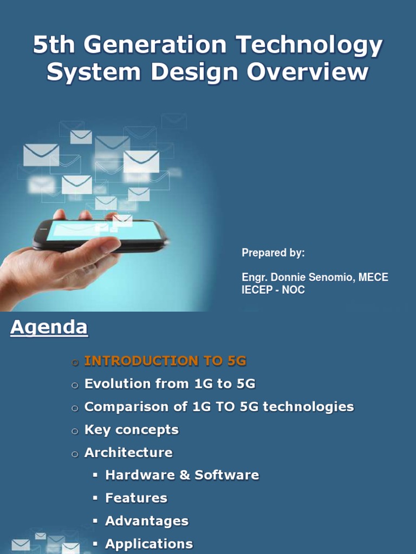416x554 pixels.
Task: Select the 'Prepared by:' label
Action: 273,253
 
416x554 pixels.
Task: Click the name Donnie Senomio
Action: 314,278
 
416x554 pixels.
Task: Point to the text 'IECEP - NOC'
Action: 273,290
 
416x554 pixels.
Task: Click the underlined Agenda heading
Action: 49,327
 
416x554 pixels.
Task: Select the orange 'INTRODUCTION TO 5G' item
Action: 165,361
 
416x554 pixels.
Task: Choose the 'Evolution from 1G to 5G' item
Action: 170,384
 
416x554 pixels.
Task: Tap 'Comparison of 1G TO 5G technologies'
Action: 219,407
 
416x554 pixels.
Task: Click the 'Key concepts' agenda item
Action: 131,430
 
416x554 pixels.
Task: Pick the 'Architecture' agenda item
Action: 128,453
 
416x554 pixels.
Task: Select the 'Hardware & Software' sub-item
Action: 182,476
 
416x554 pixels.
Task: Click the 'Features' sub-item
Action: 136,498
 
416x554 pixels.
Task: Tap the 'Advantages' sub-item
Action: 147,522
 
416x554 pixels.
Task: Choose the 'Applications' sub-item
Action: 149,544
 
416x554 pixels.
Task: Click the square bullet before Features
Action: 95,498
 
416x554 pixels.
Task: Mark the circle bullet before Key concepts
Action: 75,431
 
